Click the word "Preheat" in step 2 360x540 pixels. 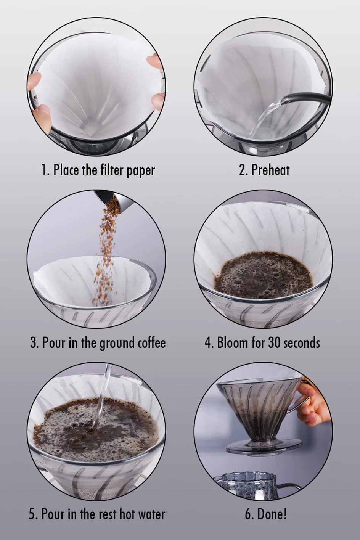pyautogui.click(x=270, y=170)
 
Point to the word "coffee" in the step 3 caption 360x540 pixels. pyautogui.click(x=152, y=342)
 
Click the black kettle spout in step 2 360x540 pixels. pyautogui.click(x=309, y=98)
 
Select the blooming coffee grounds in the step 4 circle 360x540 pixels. pyautogui.click(x=264, y=275)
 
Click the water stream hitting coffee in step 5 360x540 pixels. pyautogui.click(x=101, y=398)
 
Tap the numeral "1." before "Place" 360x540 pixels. pyautogui.click(x=46, y=170)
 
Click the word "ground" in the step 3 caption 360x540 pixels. pyautogui.click(x=117, y=343)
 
